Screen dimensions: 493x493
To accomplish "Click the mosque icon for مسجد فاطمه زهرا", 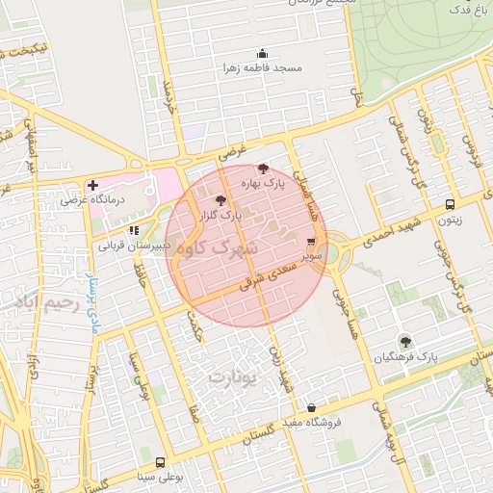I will [x=262, y=54].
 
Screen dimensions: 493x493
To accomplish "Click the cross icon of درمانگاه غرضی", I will [x=92, y=185].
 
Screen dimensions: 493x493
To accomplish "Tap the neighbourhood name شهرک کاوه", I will [x=221, y=250].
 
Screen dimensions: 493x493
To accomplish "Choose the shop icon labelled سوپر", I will [x=310, y=243].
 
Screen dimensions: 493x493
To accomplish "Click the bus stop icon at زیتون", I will [x=451, y=204].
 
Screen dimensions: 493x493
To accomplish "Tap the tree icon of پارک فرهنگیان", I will [x=405, y=341].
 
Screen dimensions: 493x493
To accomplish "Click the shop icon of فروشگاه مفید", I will [x=310, y=407].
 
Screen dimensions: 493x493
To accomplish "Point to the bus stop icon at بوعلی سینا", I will [x=160, y=462].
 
